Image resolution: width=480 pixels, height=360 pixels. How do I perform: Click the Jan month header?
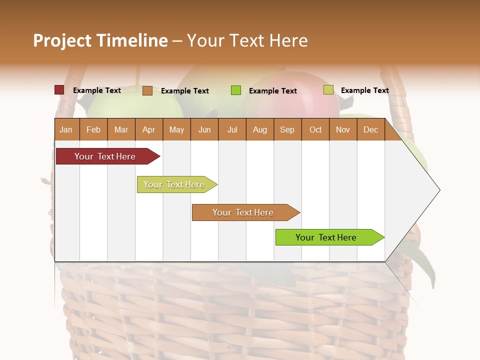click(66, 130)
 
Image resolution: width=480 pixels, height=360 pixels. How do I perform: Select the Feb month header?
click(93, 130)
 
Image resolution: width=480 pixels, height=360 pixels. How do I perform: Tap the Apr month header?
click(148, 130)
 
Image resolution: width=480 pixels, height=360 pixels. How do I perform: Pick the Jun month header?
click(204, 130)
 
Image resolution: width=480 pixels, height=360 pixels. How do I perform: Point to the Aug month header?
click(259, 130)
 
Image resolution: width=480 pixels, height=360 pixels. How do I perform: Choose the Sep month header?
click(287, 130)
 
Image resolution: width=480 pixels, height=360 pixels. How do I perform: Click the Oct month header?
click(315, 130)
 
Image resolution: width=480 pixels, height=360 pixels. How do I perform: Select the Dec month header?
click(370, 130)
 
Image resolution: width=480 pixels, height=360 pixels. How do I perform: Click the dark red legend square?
click(59, 90)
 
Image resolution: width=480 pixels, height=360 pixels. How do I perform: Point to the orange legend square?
click(147, 90)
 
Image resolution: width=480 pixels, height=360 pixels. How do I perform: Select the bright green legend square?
click(236, 90)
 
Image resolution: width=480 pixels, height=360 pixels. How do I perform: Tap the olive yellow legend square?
click(328, 90)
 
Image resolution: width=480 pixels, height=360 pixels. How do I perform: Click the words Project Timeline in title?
click(100, 40)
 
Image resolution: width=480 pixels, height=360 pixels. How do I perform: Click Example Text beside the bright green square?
click(272, 91)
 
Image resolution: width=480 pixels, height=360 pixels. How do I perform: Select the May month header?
click(176, 130)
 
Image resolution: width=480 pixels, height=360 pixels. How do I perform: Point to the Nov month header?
click(342, 130)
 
